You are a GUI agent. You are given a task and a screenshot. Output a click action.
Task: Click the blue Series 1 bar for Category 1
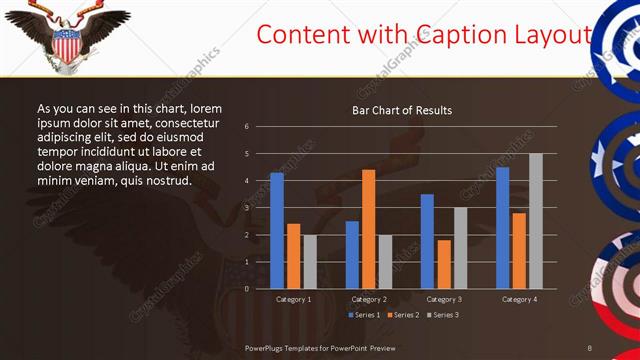(x=277, y=230)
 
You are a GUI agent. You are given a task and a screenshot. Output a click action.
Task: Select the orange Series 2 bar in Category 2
(x=369, y=228)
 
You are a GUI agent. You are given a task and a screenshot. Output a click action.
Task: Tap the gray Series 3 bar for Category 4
(x=535, y=220)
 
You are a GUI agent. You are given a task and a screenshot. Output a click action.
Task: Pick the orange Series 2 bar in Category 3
(x=444, y=264)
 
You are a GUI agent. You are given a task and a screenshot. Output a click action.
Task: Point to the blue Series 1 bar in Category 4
(x=502, y=227)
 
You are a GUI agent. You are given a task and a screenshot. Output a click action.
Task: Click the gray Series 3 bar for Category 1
(x=310, y=261)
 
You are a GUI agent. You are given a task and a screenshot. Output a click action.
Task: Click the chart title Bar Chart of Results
(x=401, y=110)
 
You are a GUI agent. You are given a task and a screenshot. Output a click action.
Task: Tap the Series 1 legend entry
(x=363, y=315)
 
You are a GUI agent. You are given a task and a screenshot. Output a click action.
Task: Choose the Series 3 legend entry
(x=444, y=315)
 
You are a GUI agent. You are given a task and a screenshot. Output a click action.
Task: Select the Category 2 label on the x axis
(x=369, y=299)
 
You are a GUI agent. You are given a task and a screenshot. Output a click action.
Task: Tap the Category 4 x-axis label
(x=518, y=299)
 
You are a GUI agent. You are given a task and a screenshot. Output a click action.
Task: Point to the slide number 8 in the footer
(x=590, y=347)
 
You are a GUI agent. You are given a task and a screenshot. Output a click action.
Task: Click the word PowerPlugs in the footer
(x=268, y=347)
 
